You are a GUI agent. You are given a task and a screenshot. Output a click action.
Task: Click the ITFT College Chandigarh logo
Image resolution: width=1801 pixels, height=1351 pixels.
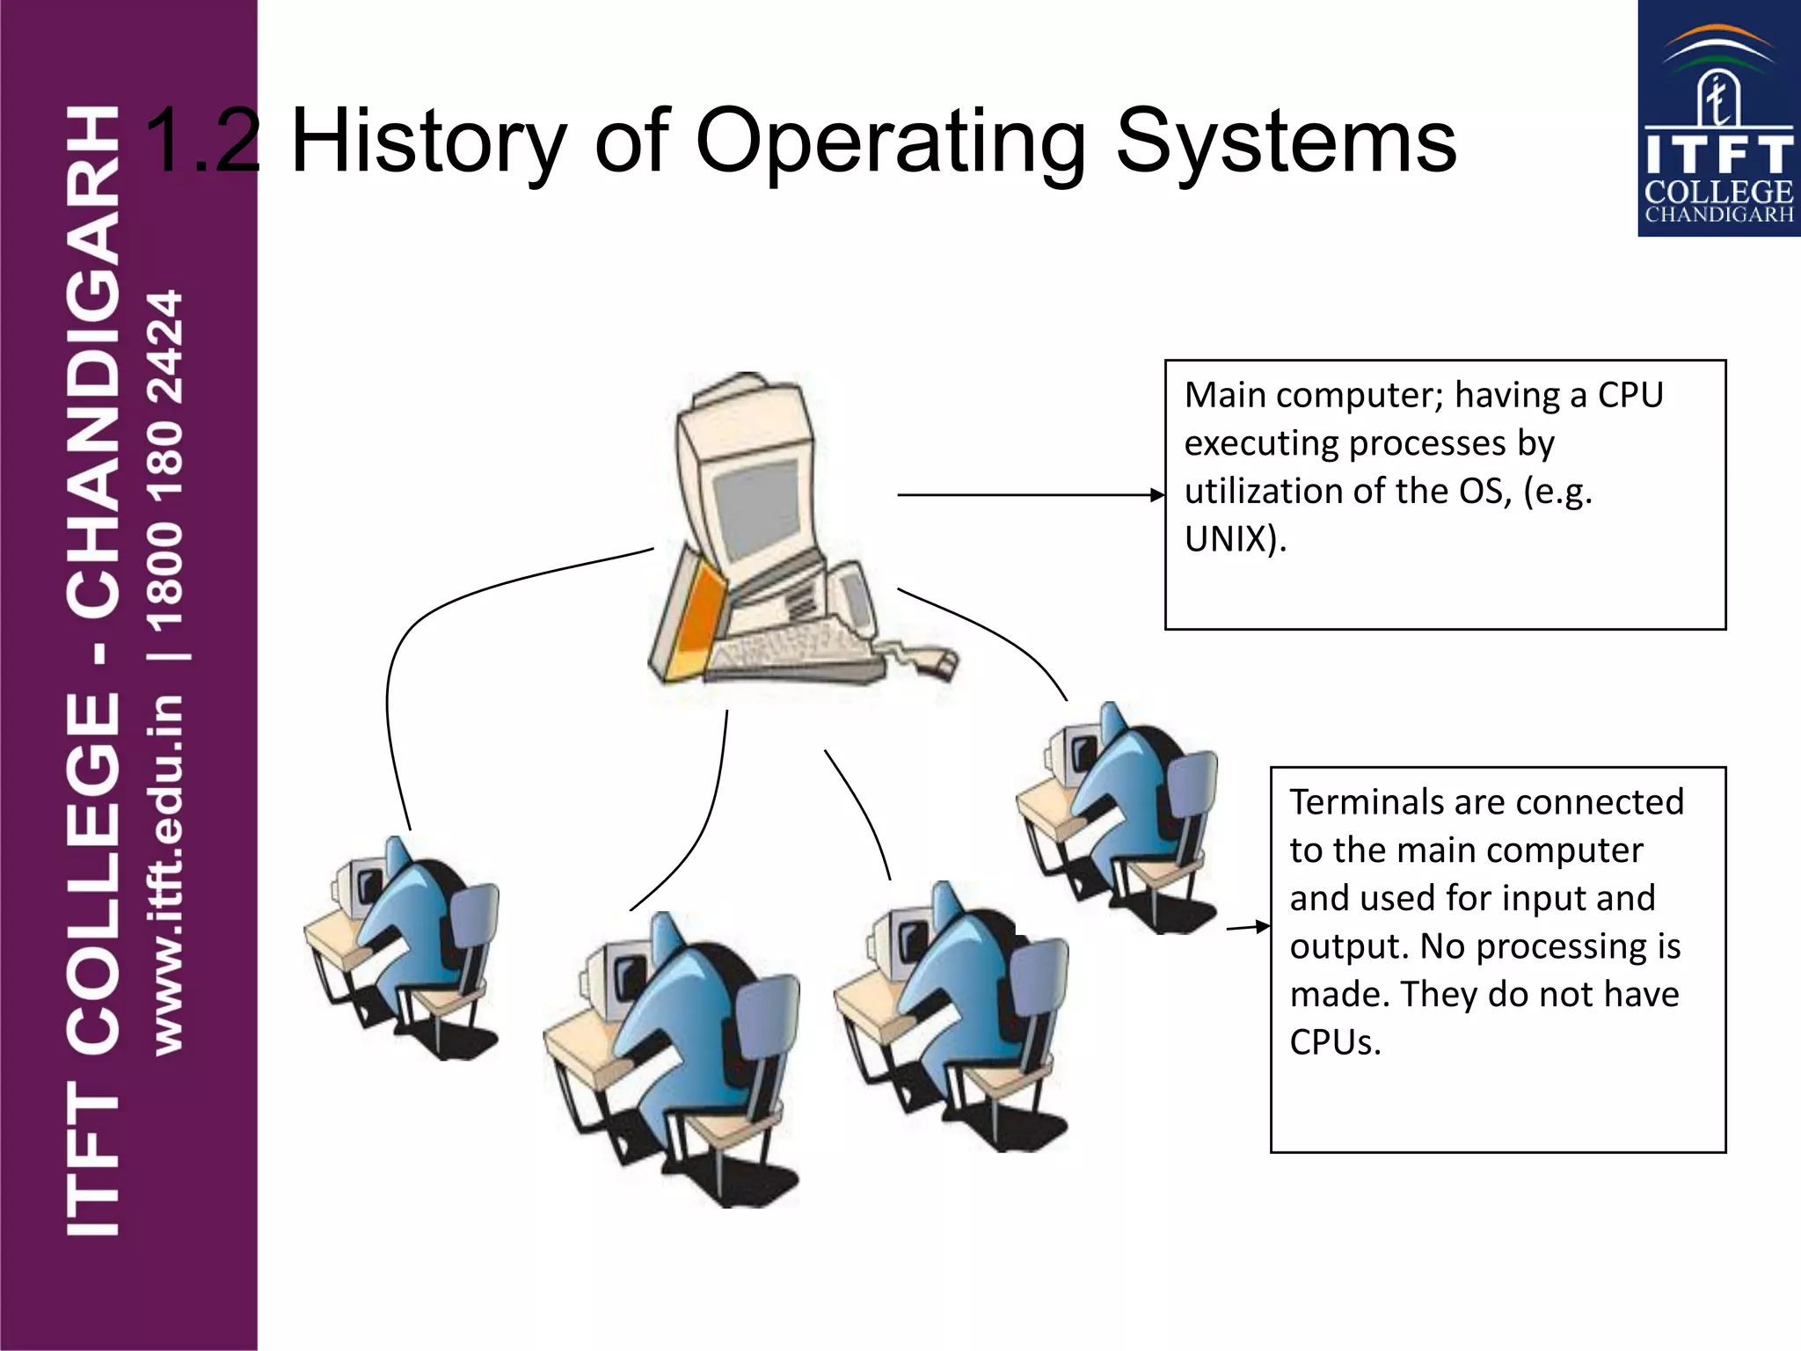pyautogui.click(x=1717, y=119)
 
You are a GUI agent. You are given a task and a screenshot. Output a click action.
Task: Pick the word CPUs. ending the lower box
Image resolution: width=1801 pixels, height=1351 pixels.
pyautogui.click(x=1335, y=1042)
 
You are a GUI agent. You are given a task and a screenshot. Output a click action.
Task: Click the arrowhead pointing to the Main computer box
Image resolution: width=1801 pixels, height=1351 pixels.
pyautogui.click(x=1157, y=495)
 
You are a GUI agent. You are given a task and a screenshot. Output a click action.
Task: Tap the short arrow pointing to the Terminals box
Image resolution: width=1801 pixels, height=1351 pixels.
pyautogui.click(x=1249, y=926)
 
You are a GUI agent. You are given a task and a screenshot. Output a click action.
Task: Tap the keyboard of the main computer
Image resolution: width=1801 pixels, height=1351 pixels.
pyautogui.click(x=791, y=651)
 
